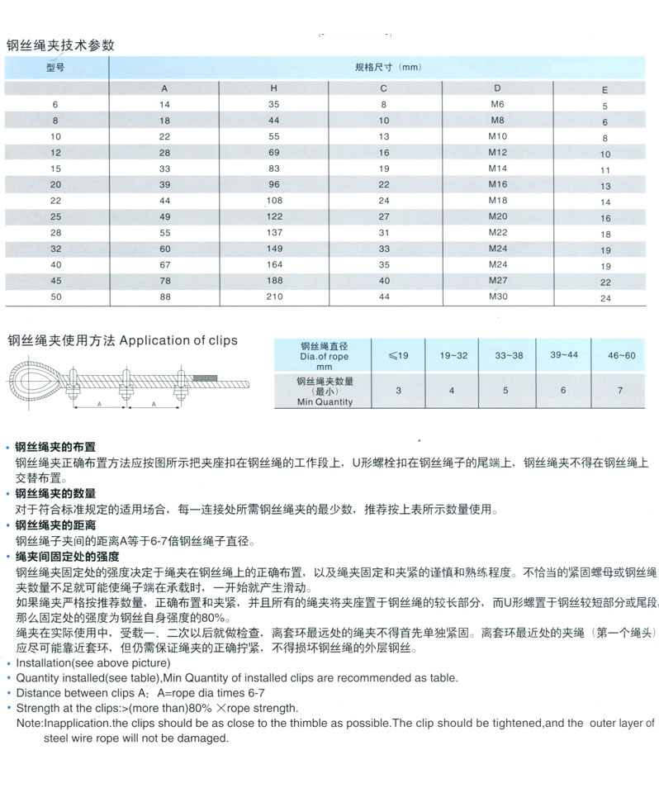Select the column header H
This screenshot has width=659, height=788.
(x=274, y=88)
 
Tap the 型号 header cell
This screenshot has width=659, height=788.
(x=55, y=68)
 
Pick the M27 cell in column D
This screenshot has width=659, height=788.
(x=497, y=280)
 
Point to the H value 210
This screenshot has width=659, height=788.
(x=274, y=297)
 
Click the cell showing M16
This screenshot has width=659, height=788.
(x=497, y=184)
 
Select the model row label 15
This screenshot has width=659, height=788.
(x=55, y=169)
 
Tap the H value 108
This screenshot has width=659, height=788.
(x=274, y=201)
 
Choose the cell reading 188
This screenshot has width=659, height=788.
(x=274, y=281)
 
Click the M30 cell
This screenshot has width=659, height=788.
(x=497, y=296)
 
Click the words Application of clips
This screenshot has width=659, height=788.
(x=178, y=340)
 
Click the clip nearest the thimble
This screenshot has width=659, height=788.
(x=72, y=382)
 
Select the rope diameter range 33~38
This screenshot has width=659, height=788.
(x=506, y=355)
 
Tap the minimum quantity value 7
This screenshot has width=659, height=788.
(x=619, y=391)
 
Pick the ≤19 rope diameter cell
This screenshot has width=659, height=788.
(x=398, y=355)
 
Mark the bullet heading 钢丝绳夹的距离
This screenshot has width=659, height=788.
(x=55, y=525)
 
